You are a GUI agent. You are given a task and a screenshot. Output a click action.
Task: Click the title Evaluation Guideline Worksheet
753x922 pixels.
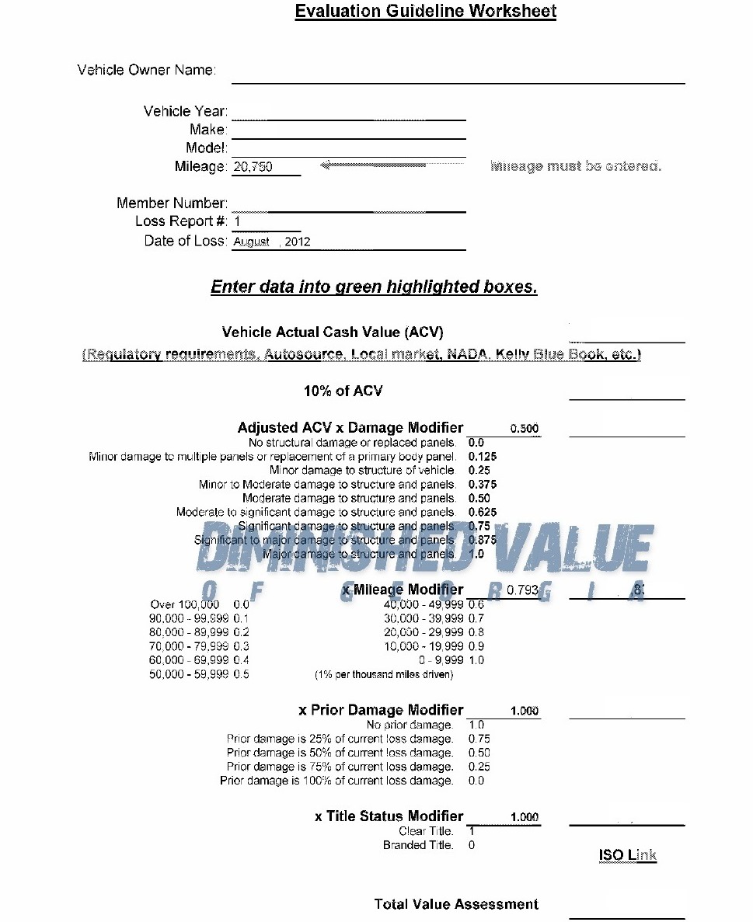(x=425, y=11)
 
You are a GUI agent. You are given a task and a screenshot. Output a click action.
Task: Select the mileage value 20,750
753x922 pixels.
(x=253, y=167)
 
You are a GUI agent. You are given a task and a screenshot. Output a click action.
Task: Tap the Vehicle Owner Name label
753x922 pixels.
(x=146, y=70)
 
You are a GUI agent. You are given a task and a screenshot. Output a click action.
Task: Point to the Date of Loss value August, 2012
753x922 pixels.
(x=272, y=242)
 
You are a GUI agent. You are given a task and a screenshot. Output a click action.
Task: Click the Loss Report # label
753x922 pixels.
(x=181, y=221)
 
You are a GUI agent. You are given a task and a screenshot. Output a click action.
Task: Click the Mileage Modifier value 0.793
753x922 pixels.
(x=522, y=590)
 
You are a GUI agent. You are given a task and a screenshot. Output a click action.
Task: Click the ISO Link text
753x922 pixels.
(x=627, y=855)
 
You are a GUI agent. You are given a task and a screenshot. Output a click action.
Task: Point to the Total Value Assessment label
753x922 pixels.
(x=456, y=904)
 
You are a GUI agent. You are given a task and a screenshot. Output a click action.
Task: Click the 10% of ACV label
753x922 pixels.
(x=343, y=391)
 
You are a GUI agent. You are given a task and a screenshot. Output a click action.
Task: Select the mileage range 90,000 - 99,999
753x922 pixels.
(x=189, y=618)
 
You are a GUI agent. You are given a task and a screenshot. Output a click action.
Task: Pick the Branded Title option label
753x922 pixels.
(x=417, y=845)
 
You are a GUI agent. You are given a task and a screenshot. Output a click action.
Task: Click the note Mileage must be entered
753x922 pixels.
(x=576, y=166)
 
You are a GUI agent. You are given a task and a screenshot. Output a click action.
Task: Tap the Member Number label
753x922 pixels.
(x=172, y=203)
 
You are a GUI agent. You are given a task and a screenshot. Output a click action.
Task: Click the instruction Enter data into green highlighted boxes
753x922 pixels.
(x=374, y=287)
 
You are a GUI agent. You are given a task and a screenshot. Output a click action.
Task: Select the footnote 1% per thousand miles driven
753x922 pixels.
(x=384, y=674)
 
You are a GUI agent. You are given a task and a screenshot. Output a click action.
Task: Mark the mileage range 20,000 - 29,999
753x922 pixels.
(x=424, y=632)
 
